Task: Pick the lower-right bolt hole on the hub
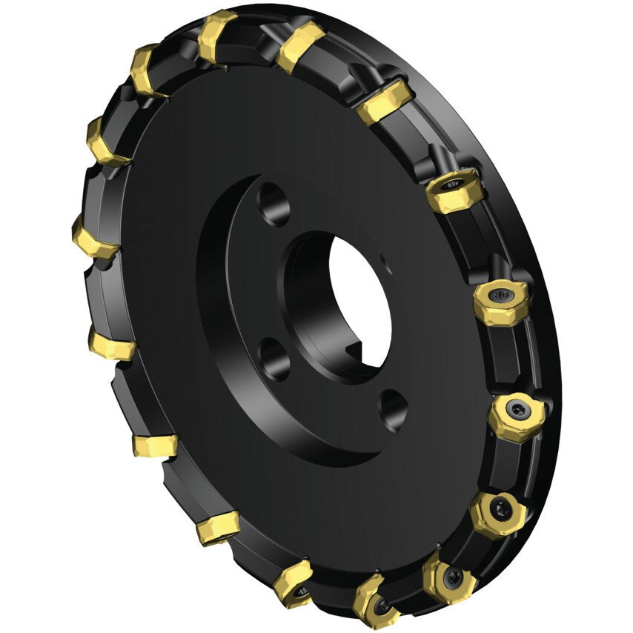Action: pos(392,409)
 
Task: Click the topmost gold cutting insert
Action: pos(218,34)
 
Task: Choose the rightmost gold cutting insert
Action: pos(517,412)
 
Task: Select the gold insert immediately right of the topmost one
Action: pos(300,44)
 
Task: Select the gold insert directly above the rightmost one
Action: pos(501,301)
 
